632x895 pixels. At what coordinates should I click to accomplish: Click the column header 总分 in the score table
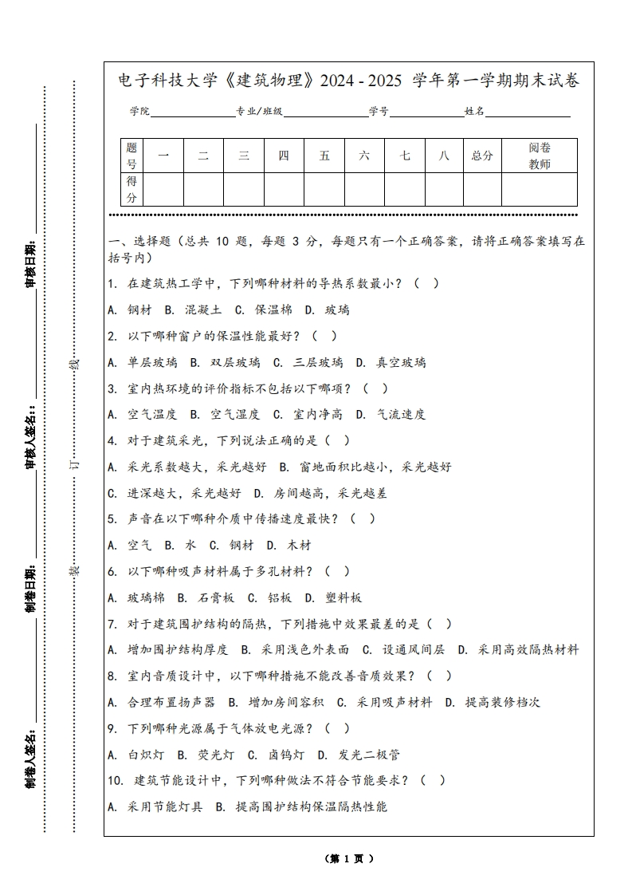pyautogui.click(x=482, y=156)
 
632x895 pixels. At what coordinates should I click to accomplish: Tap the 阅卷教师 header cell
pyautogui.click(x=540, y=156)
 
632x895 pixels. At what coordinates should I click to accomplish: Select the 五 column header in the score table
pyautogui.click(x=324, y=156)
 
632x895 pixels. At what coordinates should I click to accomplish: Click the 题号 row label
pyautogui.click(x=132, y=156)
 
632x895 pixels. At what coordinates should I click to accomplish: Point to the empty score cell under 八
pyautogui.click(x=444, y=190)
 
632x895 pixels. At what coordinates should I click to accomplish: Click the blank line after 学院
pyautogui.click(x=191, y=112)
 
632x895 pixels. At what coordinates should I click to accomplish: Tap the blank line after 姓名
pyautogui.click(x=528, y=112)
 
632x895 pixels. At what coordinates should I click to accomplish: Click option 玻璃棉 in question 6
pyautogui.click(x=136, y=597)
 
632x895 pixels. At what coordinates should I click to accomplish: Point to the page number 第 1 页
pyautogui.click(x=349, y=859)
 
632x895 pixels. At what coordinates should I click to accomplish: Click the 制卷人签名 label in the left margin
pyautogui.click(x=31, y=756)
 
